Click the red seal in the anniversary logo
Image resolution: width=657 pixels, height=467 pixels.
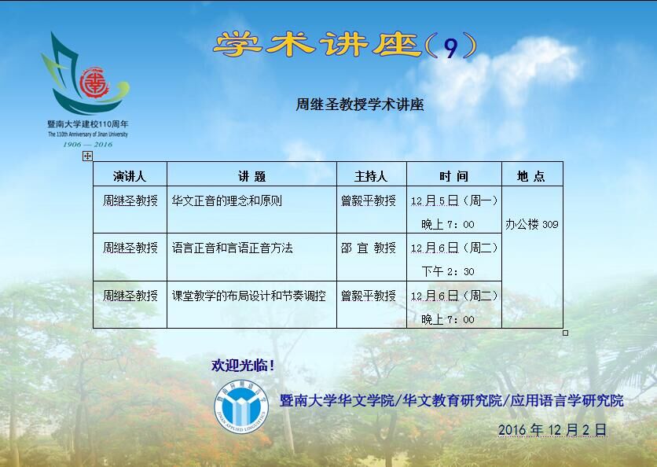tap(94, 83)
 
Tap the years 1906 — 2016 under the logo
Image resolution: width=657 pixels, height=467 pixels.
tap(87, 144)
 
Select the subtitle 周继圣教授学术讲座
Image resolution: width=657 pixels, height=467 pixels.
tap(360, 105)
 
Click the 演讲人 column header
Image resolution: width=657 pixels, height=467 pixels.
tap(130, 176)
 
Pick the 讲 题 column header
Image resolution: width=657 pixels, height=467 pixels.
tap(251, 176)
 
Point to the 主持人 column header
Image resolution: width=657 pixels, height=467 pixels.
tap(371, 176)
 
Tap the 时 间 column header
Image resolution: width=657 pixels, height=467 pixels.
tap(453, 176)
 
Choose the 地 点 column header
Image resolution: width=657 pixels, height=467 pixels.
tap(531, 176)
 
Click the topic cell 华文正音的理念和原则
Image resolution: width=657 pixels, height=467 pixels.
tap(226, 200)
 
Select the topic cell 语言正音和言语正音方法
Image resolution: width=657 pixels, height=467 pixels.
tap(232, 248)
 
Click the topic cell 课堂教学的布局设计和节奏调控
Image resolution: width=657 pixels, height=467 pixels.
tap(249, 296)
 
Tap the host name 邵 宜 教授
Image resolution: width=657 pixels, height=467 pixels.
tap(369, 248)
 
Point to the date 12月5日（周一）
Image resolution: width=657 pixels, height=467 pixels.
tap(454, 200)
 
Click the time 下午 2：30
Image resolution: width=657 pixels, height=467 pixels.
tap(448, 272)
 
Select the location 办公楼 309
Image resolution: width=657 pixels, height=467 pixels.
tap(532, 224)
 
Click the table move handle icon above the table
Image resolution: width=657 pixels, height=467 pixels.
tap(87, 156)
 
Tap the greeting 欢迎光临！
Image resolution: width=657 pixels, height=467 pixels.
tap(243, 365)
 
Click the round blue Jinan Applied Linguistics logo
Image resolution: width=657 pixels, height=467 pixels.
tap(241, 406)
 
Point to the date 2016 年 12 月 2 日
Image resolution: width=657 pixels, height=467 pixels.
tap(552, 430)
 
